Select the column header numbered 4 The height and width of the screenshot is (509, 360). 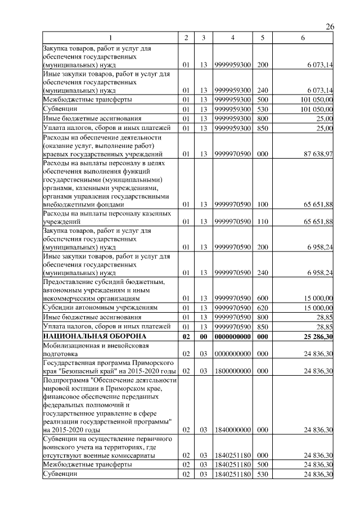(x=232, y=38)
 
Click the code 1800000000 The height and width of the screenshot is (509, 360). (x=232, y=371)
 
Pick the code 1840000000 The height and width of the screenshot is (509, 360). (x=232, y=430)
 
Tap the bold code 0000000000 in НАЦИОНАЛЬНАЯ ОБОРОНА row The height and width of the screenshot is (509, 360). (x=232, y=336)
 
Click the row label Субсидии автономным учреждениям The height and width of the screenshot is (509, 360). (x=100, y=308)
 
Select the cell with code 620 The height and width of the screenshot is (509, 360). (x=262, y=308)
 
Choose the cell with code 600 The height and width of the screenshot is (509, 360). (x=262, y=298)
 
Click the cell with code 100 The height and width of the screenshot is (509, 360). (x=262, y=205)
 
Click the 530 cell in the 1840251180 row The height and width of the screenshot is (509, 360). (x=262, y=474)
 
